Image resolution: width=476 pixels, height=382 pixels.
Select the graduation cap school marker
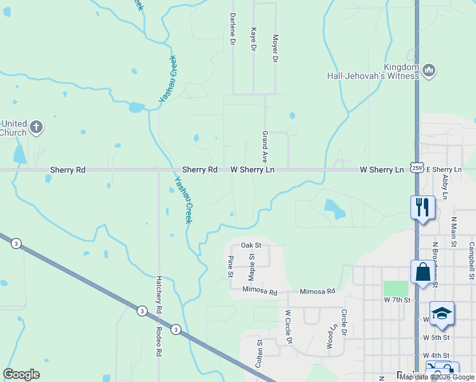[x=442, y=313]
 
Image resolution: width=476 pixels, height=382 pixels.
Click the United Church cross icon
[x=36, y=127]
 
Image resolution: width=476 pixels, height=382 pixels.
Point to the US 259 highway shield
[x=416, y=167]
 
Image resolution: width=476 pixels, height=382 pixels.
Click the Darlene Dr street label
[x=233, y=29]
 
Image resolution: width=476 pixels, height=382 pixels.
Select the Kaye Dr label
[x=253, y=39]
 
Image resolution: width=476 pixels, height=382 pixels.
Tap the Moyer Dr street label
[x=276, y=48]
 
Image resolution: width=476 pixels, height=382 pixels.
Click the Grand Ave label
[x=264, y=146]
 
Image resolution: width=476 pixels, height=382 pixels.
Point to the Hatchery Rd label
[x=158, y=294]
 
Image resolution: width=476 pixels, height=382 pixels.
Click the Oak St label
[x=251, y=245]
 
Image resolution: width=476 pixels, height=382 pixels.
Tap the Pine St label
[x=230, y=266]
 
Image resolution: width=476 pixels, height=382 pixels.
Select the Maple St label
[x=251, y=266]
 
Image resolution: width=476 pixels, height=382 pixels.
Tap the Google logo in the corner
[x=21, y=374]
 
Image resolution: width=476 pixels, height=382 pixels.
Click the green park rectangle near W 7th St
[x=395, y=288]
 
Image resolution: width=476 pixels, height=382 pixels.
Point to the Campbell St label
[x=472, y=260]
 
